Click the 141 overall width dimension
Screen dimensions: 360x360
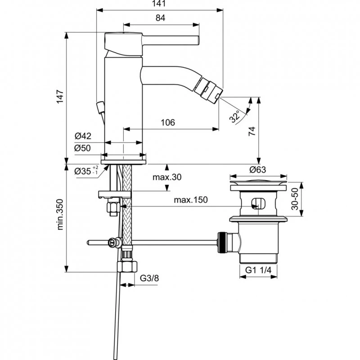point(160,4)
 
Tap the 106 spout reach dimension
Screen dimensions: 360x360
point(167,123)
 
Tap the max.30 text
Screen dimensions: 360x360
point(166,177)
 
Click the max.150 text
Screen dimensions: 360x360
point(191,200)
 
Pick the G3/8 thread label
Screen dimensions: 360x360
point(149,278)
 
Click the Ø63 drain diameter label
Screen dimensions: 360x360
point(258,170)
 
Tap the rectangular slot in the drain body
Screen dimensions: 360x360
point(258,202)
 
